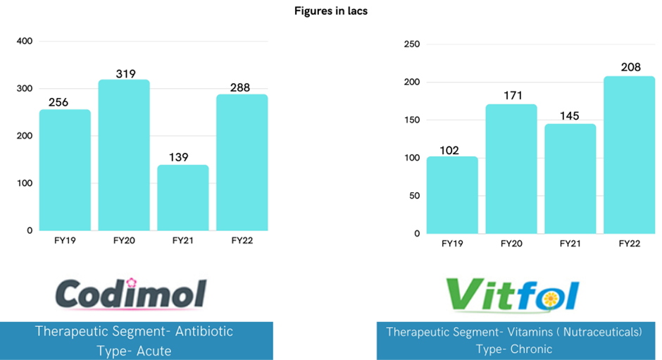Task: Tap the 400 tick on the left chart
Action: coord(25,41)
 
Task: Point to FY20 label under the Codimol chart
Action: coord(124,241)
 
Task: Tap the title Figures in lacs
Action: coord(331,11)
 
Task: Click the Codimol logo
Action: coord(131,293)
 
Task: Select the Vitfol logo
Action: coord(512,294)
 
